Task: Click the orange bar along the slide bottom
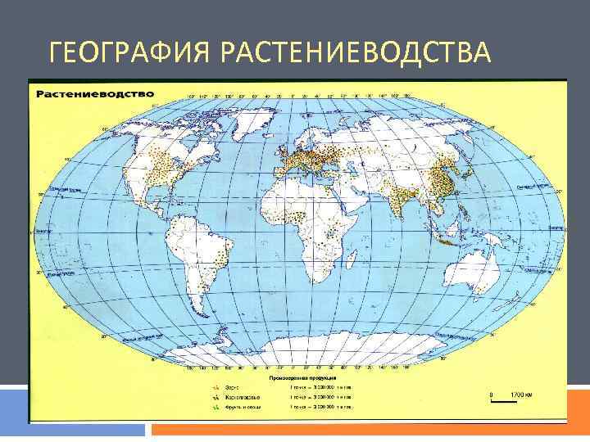click(369, 429)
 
